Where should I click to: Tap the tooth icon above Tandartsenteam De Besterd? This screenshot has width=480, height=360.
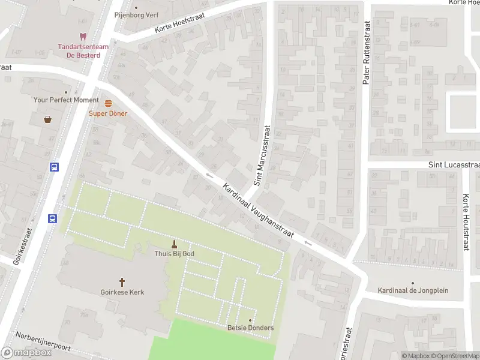(83, 37)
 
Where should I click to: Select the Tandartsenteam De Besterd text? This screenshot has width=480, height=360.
(79, 51)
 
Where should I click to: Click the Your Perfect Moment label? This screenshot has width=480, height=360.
(66, 100)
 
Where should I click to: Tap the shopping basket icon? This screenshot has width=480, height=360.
(47, 119)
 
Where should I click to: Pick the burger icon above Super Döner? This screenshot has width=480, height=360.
(108, 103)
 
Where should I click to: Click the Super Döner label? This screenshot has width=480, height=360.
(108, 113)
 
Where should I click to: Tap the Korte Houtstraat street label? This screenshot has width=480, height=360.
(466, 221)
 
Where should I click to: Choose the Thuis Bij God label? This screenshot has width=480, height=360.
(175, 254)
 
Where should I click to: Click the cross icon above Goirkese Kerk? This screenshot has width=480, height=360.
(122, 281)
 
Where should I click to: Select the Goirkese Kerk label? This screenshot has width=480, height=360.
(122, 292)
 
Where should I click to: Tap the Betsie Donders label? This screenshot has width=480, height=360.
(250, 328)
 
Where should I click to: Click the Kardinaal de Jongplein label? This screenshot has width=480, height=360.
(413, 290)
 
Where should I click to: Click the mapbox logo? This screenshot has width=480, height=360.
(26, 353)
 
